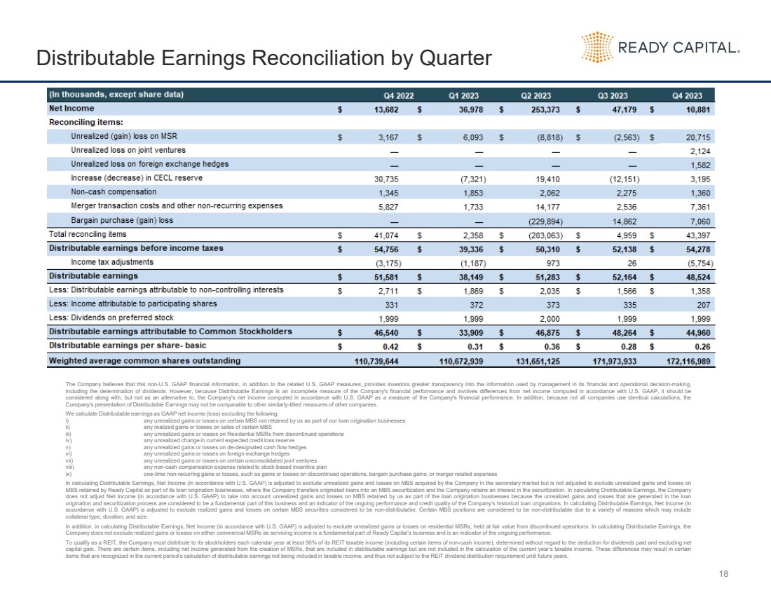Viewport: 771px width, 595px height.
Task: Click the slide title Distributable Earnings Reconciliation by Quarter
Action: tap(264, 57)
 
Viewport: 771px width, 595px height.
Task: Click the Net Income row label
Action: tap(71, 109)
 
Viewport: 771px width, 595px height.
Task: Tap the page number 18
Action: tap(724, 574)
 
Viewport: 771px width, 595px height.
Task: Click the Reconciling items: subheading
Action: tap(76, 123)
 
